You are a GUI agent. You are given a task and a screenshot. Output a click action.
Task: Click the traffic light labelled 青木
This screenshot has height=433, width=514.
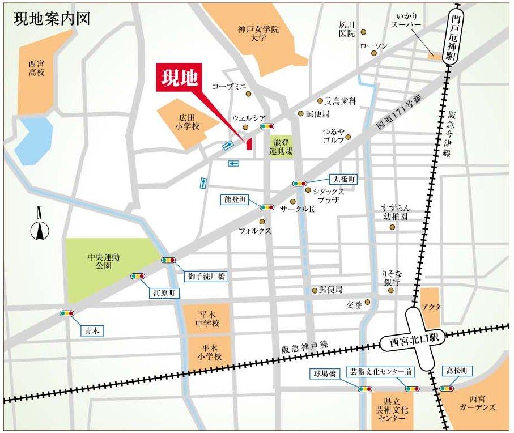point(67,313)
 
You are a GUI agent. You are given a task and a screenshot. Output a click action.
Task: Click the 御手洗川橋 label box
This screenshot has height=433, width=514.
point(206,277)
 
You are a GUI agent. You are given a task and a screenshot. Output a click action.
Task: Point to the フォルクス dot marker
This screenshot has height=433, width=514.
point(262,222)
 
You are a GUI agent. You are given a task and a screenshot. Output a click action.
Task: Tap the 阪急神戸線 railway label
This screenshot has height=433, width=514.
point(304,349)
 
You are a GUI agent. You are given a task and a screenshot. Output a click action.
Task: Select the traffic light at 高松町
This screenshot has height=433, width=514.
point(447,389)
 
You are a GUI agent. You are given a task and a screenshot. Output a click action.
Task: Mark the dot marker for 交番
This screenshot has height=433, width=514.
point(368,302)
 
